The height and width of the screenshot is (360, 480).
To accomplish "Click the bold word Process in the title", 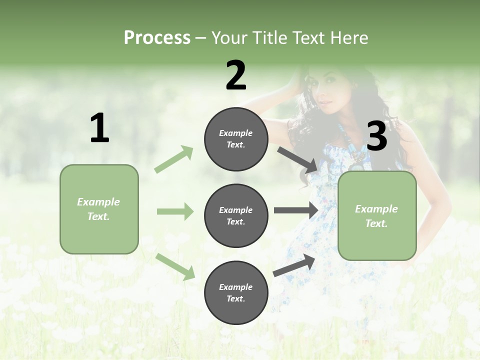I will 157,38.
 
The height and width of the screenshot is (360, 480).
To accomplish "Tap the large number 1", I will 99,128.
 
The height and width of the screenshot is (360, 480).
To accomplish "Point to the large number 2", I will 236,75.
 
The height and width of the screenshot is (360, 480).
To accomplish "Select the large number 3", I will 377,136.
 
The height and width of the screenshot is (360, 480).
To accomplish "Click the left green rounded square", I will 99,209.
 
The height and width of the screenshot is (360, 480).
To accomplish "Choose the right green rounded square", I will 377,216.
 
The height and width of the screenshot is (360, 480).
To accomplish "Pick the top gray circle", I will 236,139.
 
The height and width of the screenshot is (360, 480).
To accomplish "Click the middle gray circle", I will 236,216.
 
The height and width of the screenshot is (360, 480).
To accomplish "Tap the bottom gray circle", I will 236,293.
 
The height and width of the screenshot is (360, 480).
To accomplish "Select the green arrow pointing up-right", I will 174,159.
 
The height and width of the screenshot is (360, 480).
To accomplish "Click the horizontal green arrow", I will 175,211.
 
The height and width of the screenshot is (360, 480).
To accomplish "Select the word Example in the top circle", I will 236,133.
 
